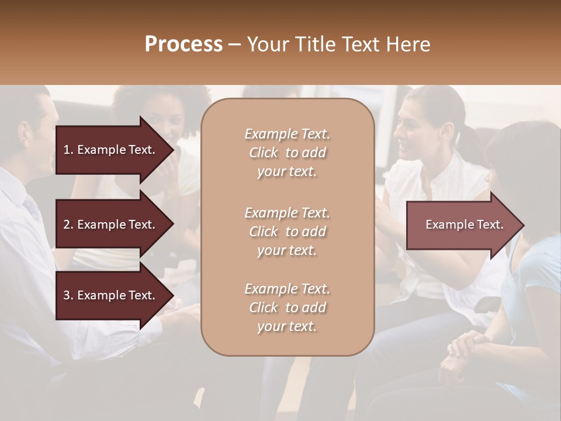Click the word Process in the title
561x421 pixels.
183,44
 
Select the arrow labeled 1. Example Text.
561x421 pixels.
109,150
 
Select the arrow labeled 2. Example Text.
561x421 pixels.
109,225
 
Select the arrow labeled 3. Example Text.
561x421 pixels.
109,295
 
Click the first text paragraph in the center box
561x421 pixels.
287,153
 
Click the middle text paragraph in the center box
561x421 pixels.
287,232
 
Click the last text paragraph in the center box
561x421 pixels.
287,308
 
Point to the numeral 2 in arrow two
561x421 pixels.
66,225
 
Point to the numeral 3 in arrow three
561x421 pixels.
66,295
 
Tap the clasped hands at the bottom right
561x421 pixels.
467,351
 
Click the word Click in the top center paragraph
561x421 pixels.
264,153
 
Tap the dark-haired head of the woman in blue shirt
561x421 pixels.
523,158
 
